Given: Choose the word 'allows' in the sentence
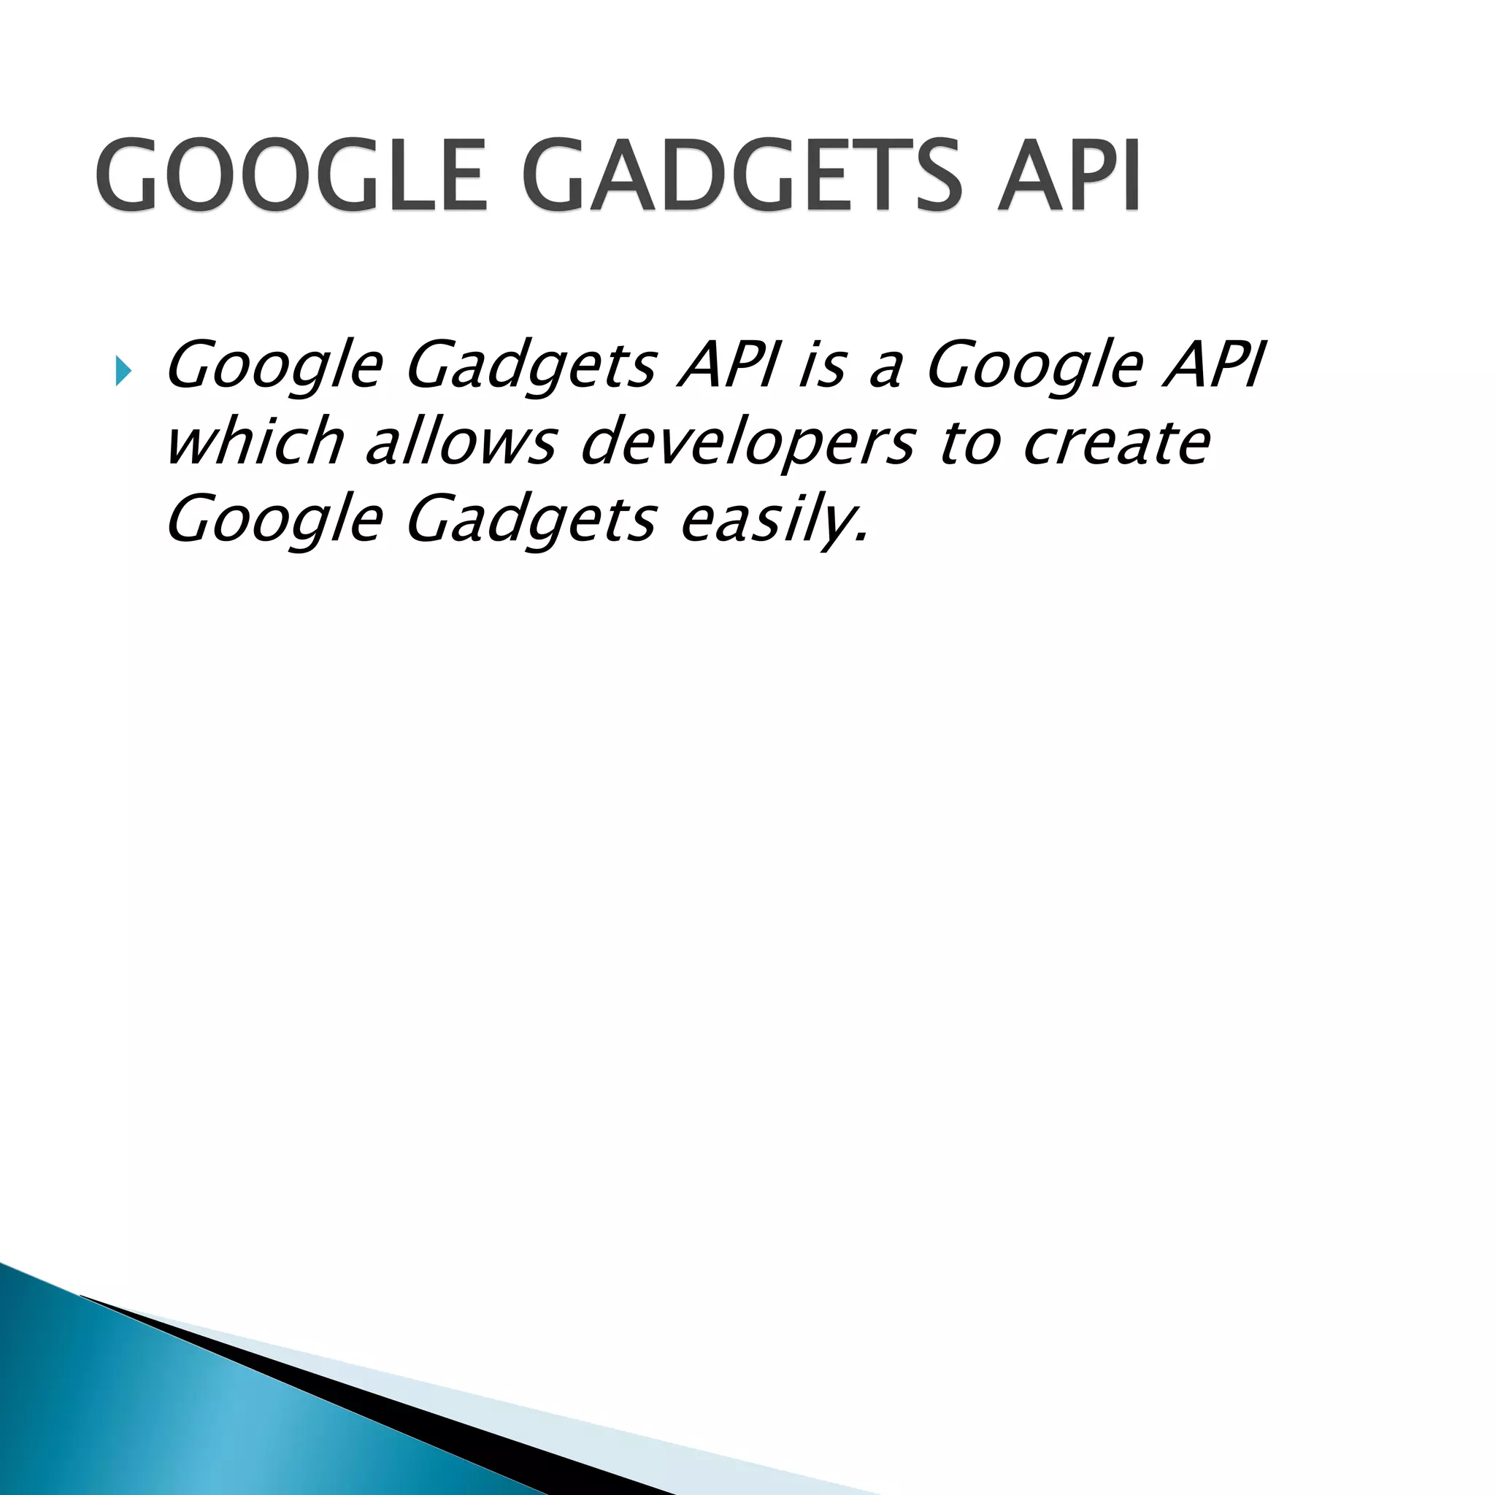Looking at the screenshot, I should coord(461,441).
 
